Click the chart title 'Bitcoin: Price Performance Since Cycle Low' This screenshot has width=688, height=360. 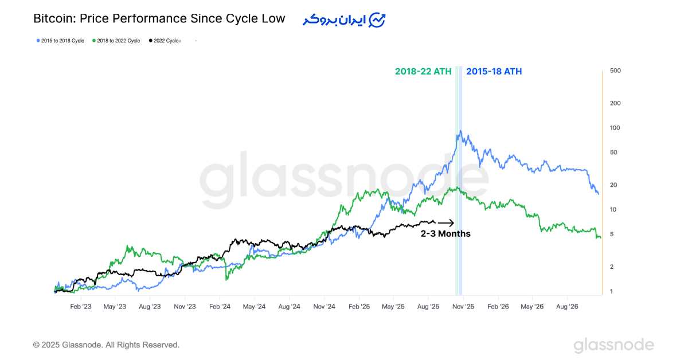159,18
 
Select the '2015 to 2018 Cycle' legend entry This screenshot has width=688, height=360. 60,41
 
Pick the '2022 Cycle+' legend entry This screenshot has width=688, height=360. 165,41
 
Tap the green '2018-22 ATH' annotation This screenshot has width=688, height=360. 423,72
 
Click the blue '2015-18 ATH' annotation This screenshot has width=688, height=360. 494,72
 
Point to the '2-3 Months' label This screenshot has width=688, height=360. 445,234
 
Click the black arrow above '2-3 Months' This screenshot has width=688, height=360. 446,223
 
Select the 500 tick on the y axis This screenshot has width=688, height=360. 616,71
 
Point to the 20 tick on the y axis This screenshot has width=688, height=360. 614,185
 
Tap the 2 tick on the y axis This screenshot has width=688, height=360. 612,267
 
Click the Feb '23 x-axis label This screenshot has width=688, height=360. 81,307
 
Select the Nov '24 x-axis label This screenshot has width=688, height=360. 324,307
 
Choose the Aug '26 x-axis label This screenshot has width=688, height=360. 567,307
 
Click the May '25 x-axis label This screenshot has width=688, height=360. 393,307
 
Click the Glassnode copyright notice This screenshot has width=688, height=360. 106,345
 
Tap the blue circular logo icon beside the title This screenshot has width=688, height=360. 377,20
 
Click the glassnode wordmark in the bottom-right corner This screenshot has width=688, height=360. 613,345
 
